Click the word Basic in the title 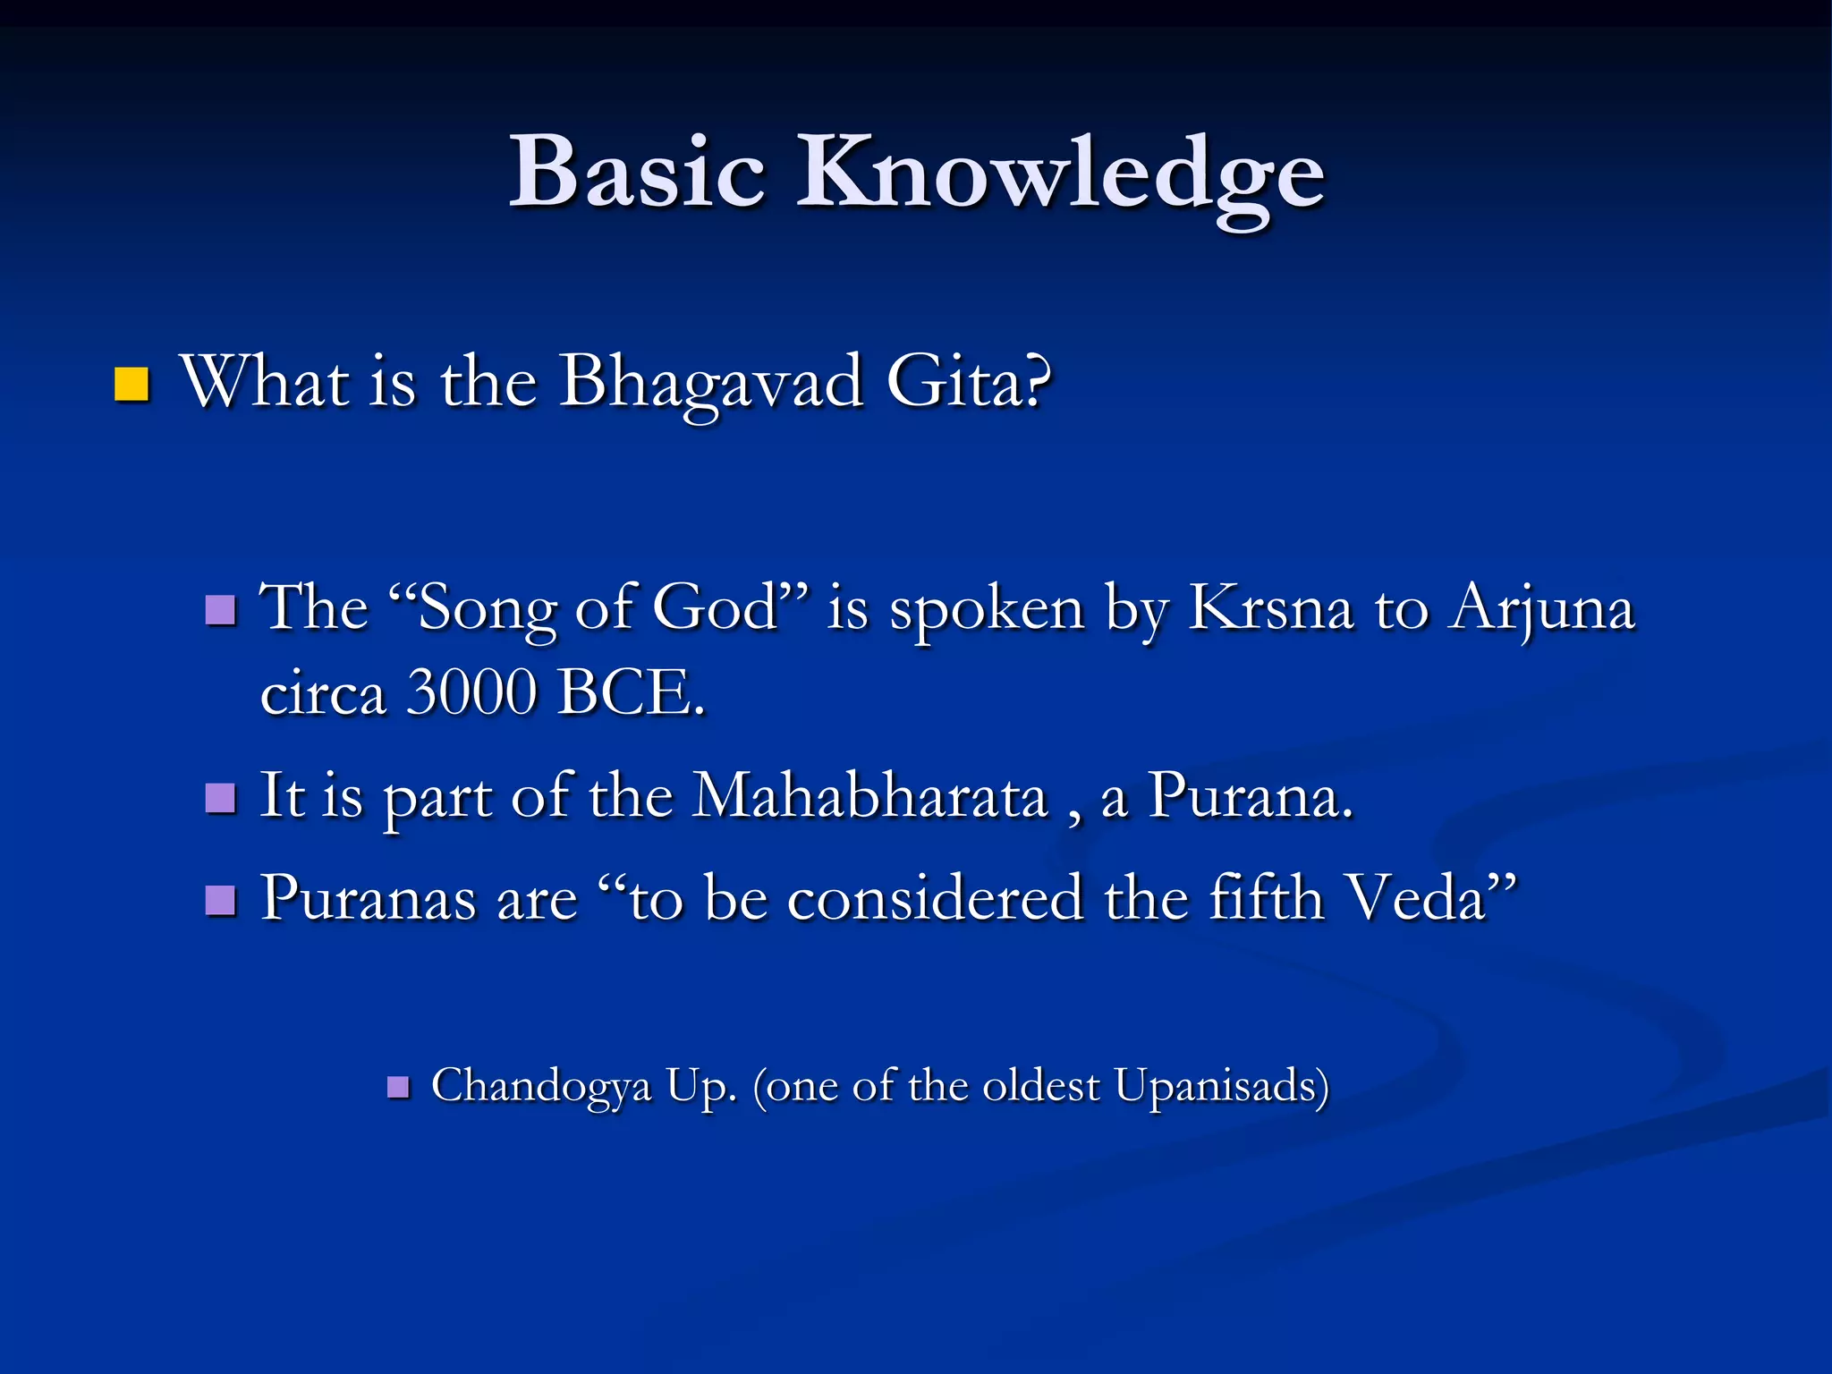(x=637, y=172)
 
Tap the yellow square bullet (x=131, y=385)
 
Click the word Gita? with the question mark (x=969, y=381)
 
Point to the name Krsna (x=1270, y=608)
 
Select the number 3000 (x=471, y=692)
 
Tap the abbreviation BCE (x=629, y=692)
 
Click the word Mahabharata (x=870, y=795)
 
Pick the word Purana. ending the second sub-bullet (x=1251, y=795)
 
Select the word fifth (x=1266, y=897)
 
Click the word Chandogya (x=541, y=1087)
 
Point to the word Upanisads (x=1221, y=1087)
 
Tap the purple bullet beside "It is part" (x=220, y=797)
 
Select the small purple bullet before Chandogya (x=398, y=1088)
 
